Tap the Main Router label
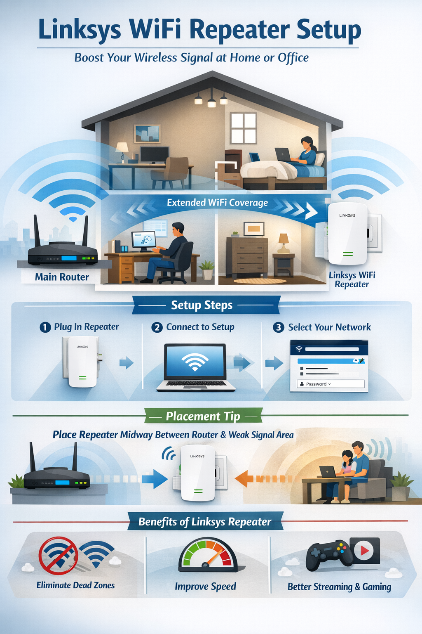pos(62,277)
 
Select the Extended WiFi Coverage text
pos(217,203)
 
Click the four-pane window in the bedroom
pos(243,128)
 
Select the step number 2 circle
pos(157,327)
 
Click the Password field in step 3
pos(331,384)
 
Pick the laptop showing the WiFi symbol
pos(195,365)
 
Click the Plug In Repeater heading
pos(87,327)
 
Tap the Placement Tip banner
pos(203,416)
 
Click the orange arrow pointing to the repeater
pos(247,479)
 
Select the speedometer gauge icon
pos(208,555)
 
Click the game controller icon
pos(328,555)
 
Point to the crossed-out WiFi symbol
pos(58,555)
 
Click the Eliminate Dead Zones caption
pos(75,585)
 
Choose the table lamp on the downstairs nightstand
pos(284,243)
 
